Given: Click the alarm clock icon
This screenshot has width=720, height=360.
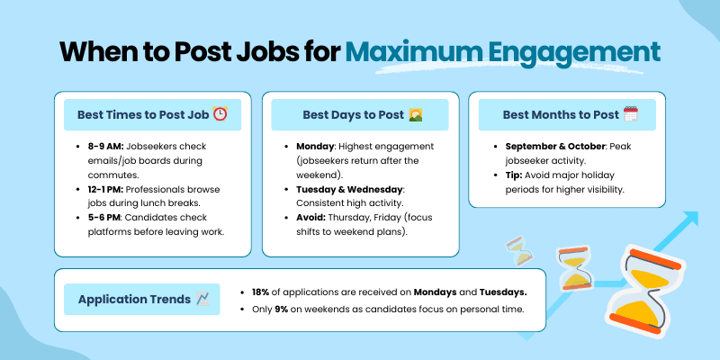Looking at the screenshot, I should point(220,114).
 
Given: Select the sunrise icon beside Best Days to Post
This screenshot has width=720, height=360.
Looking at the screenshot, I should point(416,114).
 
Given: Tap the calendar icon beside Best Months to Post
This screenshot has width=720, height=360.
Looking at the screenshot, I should point(630,114).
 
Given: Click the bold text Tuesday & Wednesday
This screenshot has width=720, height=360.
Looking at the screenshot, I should point(349,190).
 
